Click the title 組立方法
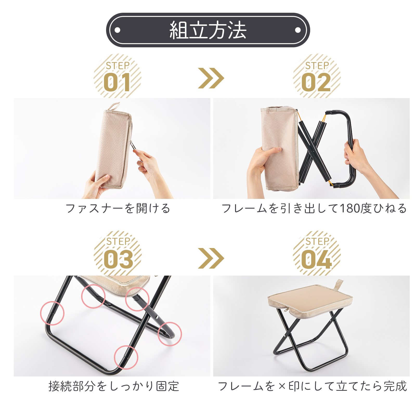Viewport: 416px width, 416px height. [x=208, y=30]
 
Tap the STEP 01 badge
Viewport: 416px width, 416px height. [x=118, y=76]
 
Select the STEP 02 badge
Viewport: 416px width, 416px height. [x=317, y=76]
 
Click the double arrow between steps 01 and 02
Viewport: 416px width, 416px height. [x=211, y=78]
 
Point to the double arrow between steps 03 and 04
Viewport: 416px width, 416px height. [x=211, y=258]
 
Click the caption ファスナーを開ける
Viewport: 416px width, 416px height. [x=118, y=209]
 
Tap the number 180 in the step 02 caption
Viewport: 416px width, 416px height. [x=350, y=209]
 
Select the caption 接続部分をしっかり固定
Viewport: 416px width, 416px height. [x=114, y=386]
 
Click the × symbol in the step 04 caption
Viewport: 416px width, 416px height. [x=282, y=386]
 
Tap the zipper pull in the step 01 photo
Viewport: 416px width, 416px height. [x=133, y=145]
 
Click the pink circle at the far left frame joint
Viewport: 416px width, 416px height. [x=52, y=313]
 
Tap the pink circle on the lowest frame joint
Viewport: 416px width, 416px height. [x=126, y=357]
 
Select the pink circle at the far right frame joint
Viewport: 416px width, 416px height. [x=170, y=334]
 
